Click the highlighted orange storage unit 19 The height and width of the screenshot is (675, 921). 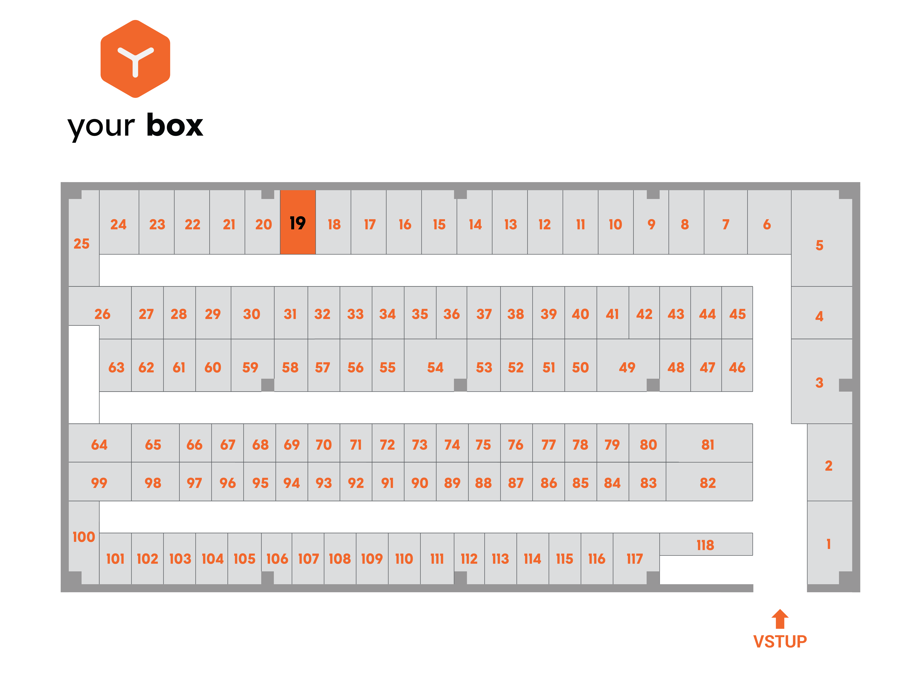pos(298,222)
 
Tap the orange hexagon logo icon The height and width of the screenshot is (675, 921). pos(135,59)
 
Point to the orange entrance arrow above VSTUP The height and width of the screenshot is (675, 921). pos(780,619)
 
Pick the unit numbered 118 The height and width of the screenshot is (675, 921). pos(706,544)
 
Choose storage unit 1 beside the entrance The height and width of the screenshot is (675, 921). pos(829,543)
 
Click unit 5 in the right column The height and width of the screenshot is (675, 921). pos(822,238)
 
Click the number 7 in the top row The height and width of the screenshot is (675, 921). pos(726,224)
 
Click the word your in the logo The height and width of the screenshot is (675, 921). pos(101,127)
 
